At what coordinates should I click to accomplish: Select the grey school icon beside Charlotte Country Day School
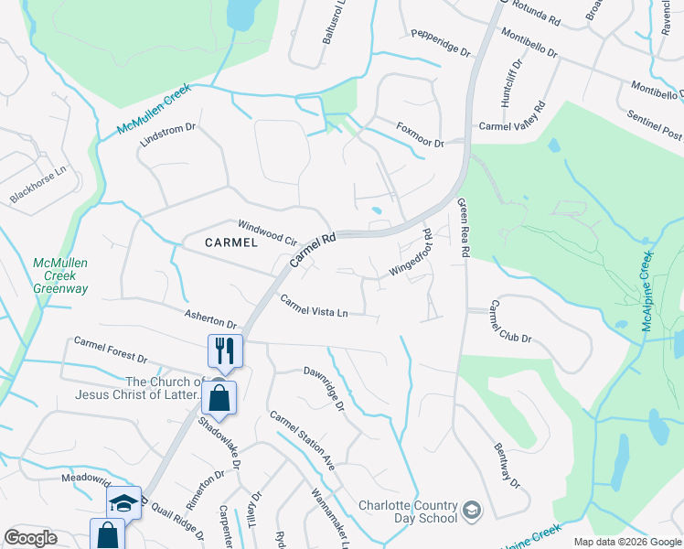[x=473, y=510]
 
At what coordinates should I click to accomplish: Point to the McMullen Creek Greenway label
[x=60, y=275]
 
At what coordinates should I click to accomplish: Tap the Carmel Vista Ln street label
[x=314, y=307]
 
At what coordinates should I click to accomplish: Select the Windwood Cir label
[x=268, y=232]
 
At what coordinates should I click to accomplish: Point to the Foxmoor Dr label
[x=420, y=135]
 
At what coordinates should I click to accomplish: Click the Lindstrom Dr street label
[x=168, y=135]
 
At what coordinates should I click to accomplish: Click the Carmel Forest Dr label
[x=111, y=349]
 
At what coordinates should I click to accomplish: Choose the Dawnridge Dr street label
[x=323, y=388]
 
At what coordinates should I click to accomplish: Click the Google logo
[x=30, y=537]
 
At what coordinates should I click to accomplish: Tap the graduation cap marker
[x=123, y=502]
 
